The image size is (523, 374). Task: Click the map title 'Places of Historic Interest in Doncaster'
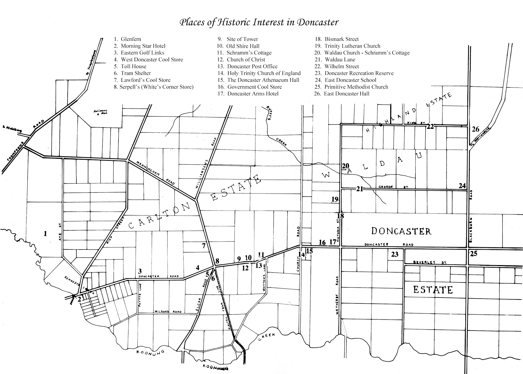point(259,22)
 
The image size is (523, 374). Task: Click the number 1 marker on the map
point(45,233)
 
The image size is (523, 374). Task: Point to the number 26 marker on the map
point(476,129)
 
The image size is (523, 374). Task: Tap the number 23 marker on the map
point(395,254)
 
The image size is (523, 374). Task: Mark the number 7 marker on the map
point(204,246)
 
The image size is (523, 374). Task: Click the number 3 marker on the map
point(140,271)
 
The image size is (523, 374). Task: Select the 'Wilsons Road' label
point(168,312)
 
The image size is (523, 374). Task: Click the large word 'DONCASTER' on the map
point(401,231)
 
